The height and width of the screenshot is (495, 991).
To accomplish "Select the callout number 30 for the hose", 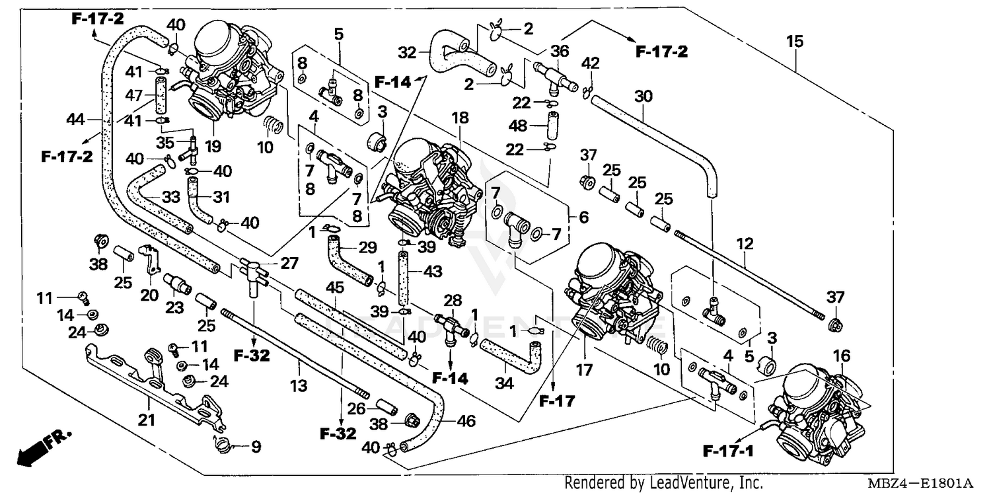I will coord(643,96).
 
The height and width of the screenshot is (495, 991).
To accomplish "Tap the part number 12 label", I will coord(745,244).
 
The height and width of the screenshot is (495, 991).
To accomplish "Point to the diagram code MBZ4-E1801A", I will coord(926,483).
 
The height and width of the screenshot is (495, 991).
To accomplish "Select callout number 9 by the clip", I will coord(255,447).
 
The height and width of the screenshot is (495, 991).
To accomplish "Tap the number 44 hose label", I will coord(76,120).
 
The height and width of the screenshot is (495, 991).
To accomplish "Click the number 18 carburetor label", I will coord(460,118).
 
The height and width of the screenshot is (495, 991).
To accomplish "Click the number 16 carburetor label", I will coord(841,357).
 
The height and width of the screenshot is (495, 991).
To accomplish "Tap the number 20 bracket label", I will coord(149,295).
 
